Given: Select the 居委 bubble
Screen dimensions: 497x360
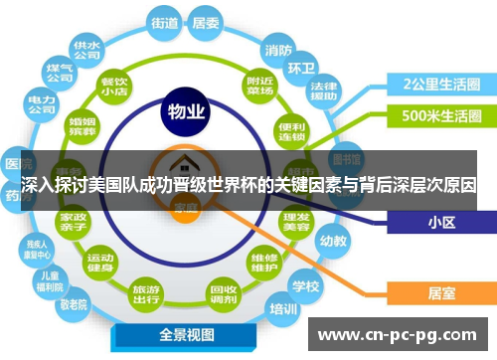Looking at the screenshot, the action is coord(206,21).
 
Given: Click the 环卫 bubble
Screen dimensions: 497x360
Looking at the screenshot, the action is coord(301,69).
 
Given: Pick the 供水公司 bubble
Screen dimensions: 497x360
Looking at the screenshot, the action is coord(84,50).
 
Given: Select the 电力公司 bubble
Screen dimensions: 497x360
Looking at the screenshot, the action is coord(41,105).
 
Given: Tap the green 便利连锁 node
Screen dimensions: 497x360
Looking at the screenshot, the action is coord(291,130).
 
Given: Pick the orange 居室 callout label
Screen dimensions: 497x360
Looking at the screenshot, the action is coord(441,292).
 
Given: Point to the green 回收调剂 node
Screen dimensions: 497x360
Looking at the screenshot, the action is coord(222,292).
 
